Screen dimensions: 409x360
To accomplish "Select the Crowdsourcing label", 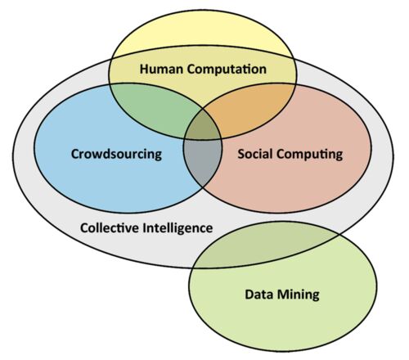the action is pos(116,155).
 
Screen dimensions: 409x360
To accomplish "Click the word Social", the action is pos(255,154).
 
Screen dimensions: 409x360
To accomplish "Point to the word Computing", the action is pos(310,155).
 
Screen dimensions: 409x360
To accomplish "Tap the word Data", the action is pos(259,295).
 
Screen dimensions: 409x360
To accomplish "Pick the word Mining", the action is pos(299,295).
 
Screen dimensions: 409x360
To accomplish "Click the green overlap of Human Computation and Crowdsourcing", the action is pos(153,109).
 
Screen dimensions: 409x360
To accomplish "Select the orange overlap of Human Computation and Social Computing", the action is pos(248,109).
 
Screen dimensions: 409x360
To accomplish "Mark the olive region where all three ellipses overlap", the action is pos(203,125).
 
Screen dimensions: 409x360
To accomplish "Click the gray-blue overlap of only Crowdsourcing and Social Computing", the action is pos(203,161).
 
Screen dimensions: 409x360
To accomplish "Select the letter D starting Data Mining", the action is pos(249,295).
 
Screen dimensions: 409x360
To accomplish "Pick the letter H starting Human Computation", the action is pos(145,69).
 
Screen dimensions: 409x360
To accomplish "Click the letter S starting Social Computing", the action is pos(241,154).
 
